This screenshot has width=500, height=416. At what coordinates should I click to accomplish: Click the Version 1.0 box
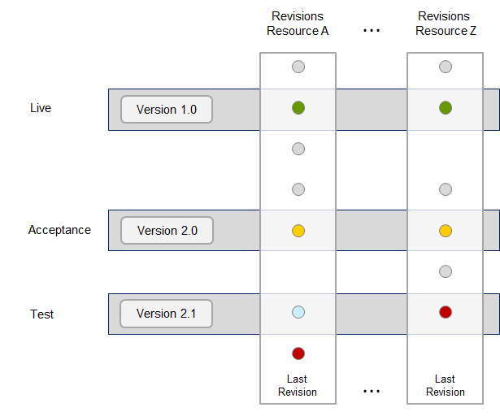167,110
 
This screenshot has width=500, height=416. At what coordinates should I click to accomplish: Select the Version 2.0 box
167,231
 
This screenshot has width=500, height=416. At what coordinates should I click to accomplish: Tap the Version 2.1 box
166,314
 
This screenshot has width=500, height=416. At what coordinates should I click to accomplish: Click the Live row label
41,108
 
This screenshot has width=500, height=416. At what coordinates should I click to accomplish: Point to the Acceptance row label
59,230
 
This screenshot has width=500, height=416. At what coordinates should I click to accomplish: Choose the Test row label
41,314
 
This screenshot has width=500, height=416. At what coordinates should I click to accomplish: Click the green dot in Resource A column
298,108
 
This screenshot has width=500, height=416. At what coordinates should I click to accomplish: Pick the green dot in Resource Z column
446,108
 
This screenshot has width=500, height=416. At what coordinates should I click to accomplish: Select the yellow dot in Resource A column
298,231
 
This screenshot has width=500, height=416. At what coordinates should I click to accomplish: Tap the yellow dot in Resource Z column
446,231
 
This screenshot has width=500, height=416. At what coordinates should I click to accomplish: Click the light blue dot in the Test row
298,312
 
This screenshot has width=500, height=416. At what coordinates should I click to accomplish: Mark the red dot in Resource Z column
446,312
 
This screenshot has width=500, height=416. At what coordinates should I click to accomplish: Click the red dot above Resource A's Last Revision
298,353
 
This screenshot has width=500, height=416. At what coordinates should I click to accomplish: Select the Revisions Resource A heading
298,24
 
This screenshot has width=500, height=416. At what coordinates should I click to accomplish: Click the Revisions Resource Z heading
446,24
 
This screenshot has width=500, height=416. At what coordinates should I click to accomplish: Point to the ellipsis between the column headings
372,31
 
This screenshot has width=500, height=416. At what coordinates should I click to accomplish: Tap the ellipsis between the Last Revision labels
372,391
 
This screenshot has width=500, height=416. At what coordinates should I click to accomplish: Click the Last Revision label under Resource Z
446,385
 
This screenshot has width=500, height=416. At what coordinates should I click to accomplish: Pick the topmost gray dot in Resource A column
298,67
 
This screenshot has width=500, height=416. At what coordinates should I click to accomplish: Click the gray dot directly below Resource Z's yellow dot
446,271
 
